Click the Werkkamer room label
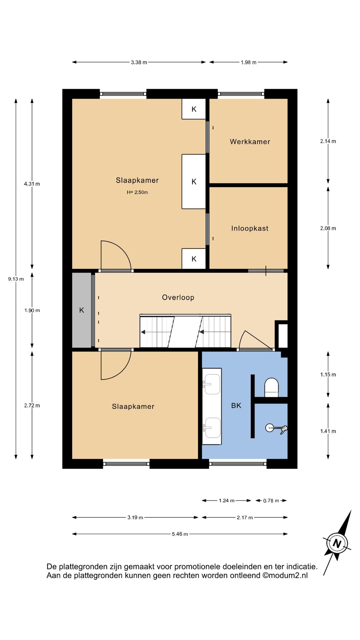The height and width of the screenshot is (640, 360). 250,142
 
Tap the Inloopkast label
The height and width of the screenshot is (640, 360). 250,228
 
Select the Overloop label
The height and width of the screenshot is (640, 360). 178,297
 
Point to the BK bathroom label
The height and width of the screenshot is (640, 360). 236,405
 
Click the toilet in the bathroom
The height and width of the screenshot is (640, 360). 271,387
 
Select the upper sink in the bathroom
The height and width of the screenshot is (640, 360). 212,384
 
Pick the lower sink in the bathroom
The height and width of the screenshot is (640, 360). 212,428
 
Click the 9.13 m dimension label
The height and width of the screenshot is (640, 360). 16,279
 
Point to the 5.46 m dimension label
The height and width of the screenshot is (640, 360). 180,534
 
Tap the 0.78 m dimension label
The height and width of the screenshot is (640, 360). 271,501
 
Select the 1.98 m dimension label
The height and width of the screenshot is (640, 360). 248,62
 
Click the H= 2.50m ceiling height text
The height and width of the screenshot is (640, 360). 137,192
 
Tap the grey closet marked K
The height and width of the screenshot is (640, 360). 82,310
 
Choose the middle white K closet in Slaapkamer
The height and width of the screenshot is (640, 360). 194,181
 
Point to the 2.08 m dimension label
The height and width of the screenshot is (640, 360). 328,228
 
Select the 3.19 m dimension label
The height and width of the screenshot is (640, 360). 135,517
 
